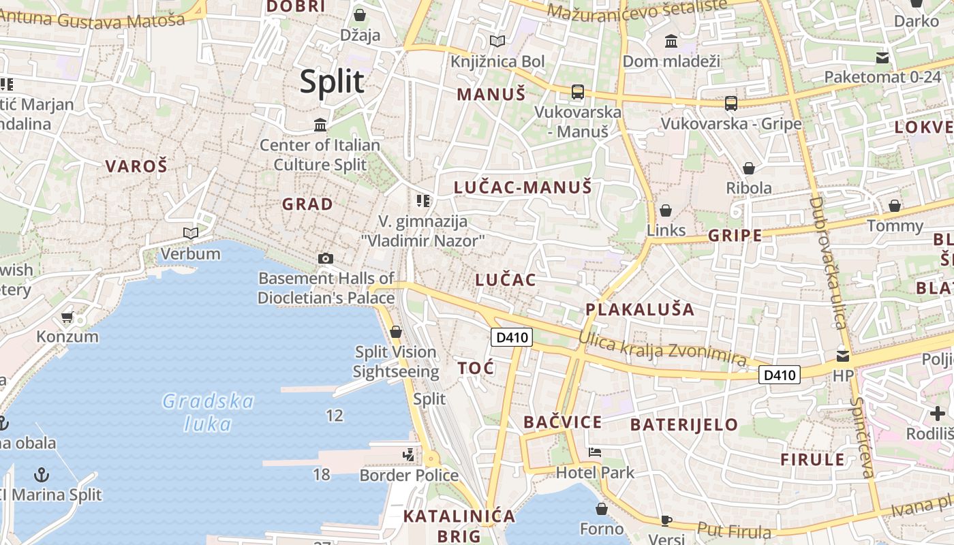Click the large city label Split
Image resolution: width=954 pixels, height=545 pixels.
click(x=333, y=82)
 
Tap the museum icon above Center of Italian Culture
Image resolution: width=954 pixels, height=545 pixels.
click(x=320, y=125)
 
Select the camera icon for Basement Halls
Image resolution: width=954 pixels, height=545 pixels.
click(x=326, y=258)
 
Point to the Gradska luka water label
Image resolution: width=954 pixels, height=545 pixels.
click(x=208, y=412)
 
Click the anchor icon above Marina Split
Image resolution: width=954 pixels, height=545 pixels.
click(x=42, y=473)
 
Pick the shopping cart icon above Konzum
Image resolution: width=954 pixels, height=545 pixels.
click(x=67, y=317)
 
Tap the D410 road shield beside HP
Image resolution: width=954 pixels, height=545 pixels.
click(x=780, y=375)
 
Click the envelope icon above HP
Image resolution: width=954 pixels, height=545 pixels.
click(x=843, y=355)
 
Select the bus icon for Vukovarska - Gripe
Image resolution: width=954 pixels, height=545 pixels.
click(x=731, y=104)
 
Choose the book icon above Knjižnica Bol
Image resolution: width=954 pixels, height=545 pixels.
click(x=497, y=41)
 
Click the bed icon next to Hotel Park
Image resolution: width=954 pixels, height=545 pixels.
click(x=595, y=452)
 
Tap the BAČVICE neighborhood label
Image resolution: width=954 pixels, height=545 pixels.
click(x=563, y=422)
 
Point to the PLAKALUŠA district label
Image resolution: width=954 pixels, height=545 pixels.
click(x=640, y=309)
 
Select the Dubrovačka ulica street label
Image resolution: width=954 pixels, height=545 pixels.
click(x=827, y=262)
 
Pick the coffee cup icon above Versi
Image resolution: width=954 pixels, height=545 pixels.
click(x=666, y=520)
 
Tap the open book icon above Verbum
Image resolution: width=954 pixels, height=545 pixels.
click(x=191, y=234)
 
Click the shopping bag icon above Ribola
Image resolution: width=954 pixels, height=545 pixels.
click(x=749, y=168)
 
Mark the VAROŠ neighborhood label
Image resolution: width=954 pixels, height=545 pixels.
click(x=136, y=166)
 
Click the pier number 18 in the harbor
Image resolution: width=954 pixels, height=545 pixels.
click(x=322, y=473)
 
